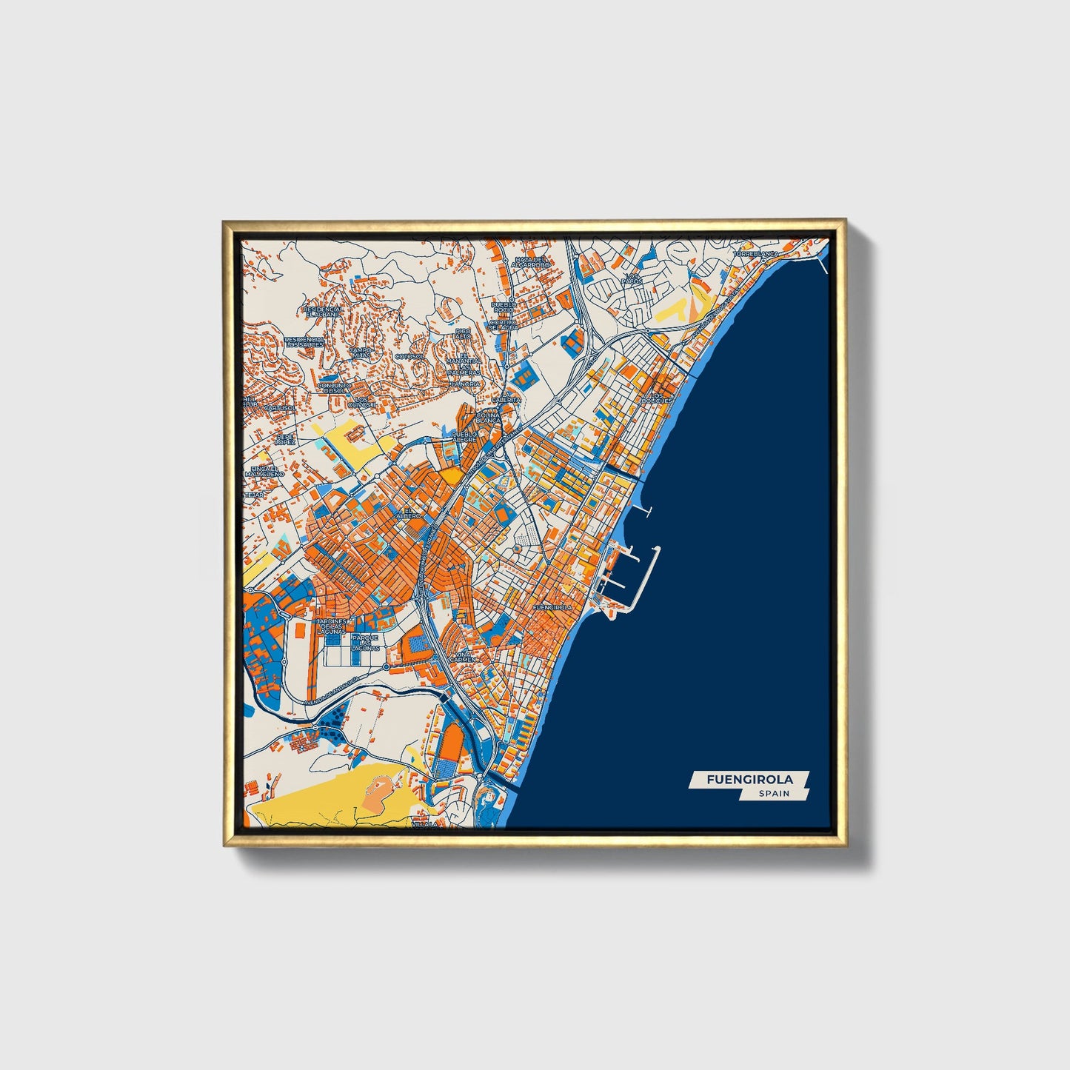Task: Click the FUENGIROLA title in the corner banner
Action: [x=749, y=779]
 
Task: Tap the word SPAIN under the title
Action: [x=774, y=794]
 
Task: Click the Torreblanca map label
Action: [x=756, y=254]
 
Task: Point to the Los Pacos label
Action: [x=632, y=278]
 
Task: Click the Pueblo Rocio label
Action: [x=504, y=307]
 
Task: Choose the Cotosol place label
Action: [x=409, y=356]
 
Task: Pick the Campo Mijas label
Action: [x=361, y=352]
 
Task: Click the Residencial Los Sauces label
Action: [x=304, y=341]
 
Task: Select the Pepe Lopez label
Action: [x=285, y=439]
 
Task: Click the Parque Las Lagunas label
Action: [x=365, y=641]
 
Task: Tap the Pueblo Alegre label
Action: [x=465, y=436]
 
